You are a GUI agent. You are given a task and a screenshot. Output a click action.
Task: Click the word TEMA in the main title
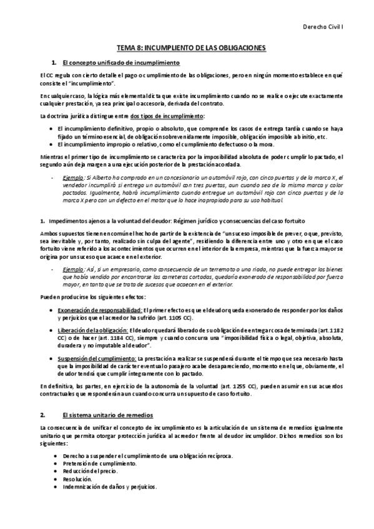click(128, 47)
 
